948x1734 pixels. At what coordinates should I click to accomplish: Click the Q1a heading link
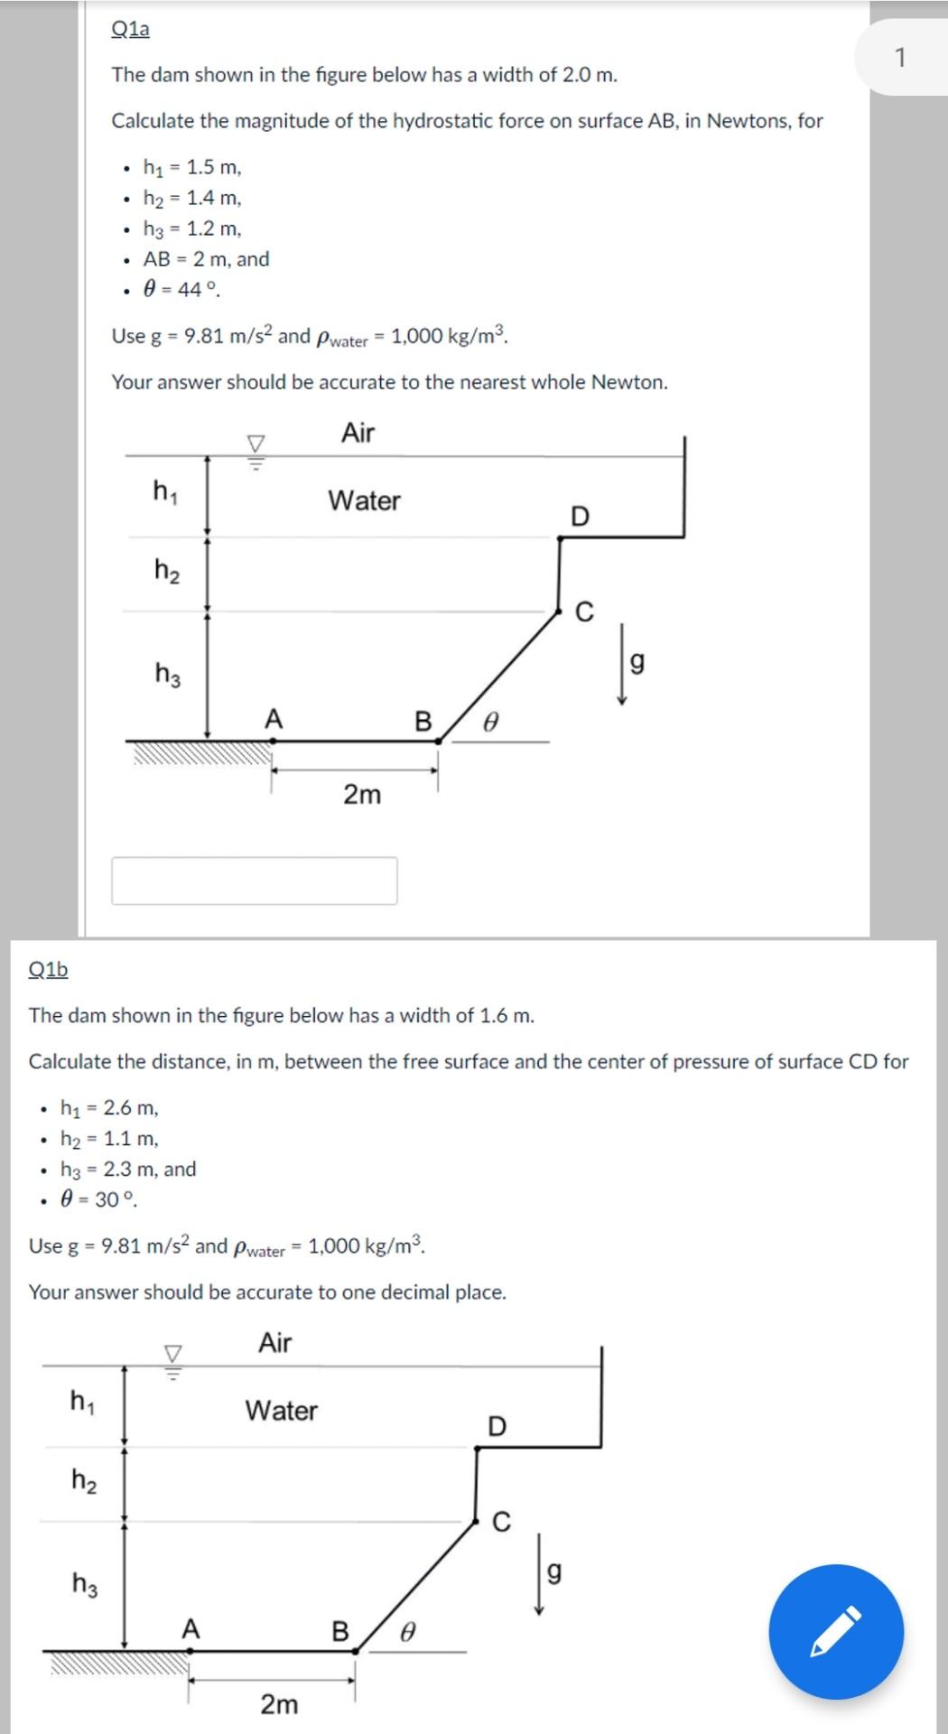[x=130, y=29]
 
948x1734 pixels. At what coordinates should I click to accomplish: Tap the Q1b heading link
[x=48, y=969]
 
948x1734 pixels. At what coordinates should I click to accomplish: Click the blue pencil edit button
[x=835, y=1631]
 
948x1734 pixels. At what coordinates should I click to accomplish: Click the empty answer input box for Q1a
[x=254, y=881]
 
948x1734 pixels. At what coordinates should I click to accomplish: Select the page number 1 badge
[x=899, y=58]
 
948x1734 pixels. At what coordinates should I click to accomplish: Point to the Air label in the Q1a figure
[x=358, y=433]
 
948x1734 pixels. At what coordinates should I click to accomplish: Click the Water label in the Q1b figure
[x=281, y=1411]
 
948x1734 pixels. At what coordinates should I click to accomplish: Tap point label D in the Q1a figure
[x=580, y=517]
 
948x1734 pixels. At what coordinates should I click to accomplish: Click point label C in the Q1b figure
[x=501, y=1523]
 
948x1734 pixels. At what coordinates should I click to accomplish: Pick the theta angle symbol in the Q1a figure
[x=490, y=722]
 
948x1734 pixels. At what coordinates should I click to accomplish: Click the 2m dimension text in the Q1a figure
[x=362, y=795]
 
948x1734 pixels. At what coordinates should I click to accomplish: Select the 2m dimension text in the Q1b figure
[x=279, y=1704]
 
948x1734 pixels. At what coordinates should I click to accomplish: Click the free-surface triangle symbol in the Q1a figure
[x=256, y=444]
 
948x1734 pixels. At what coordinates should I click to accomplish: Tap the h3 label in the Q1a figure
[x=167, y=674]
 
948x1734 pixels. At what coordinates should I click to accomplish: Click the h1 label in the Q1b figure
[x=83, y=1401]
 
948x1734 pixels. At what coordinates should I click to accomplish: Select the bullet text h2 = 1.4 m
[x=191, y=198]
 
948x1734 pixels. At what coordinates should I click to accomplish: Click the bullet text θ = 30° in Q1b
[x=98, y=1199]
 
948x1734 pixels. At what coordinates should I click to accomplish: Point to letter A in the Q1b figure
[x=190, y=1629]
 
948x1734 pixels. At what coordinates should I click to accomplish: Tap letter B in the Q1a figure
[x=423, y=721]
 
